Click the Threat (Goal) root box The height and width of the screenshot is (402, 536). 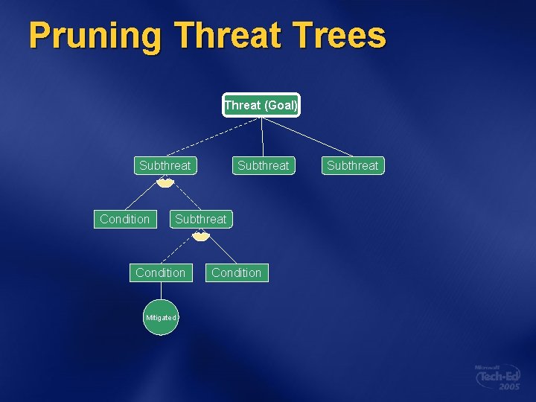click(x=261, y=105)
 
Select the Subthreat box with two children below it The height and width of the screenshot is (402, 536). click(x=165, y=165)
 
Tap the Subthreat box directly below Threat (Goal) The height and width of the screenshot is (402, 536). click(x=263, y=165)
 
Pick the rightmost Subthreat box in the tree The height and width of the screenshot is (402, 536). click(x=353, y=165)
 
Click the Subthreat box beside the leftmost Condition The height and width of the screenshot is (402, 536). click(x=200, y=219)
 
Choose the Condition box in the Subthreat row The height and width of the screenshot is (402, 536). click(x=124, y=219)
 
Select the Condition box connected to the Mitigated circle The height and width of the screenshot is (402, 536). click(x=160, y=272)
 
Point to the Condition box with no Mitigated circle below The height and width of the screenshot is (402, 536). click(x=236, y=272)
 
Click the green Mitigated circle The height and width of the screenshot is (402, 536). click(x=161, y=318)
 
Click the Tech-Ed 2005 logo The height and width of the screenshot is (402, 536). click(x=498, y=377)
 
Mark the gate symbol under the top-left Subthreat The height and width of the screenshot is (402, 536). click(x=165, y=182)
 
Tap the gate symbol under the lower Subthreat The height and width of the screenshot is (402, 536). click(x=200, y=236)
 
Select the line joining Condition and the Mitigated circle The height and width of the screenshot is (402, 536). click(x=161, y=291)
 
